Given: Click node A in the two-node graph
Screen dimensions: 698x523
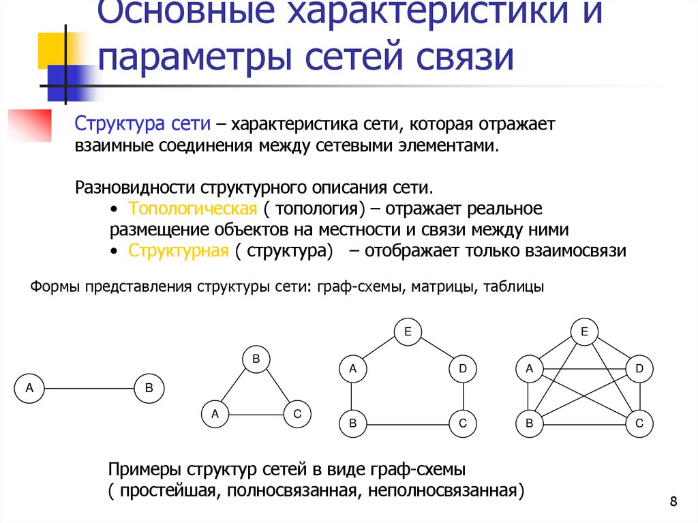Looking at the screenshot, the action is tap(29, 389).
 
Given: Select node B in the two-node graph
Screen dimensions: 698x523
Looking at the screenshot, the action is tap(149, 389).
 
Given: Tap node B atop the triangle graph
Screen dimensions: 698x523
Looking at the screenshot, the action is tap(256, 359).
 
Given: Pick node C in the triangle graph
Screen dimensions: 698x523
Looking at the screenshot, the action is tap(297, 413).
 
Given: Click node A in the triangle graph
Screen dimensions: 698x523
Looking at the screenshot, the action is tap(215, 413).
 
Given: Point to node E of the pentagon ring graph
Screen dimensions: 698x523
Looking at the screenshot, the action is tap(407, 333).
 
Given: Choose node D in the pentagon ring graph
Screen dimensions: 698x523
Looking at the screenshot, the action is tap(462, 370).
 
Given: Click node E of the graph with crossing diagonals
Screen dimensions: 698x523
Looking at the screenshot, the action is tap(584, 333).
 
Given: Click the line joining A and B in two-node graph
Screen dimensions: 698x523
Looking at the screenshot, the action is tap(89, 389).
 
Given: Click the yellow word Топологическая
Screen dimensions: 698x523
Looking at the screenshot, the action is tap(192, 208).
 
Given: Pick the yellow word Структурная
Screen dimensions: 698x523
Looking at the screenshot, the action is tap(178, 250).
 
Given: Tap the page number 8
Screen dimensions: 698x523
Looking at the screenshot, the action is tap(673, 503).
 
